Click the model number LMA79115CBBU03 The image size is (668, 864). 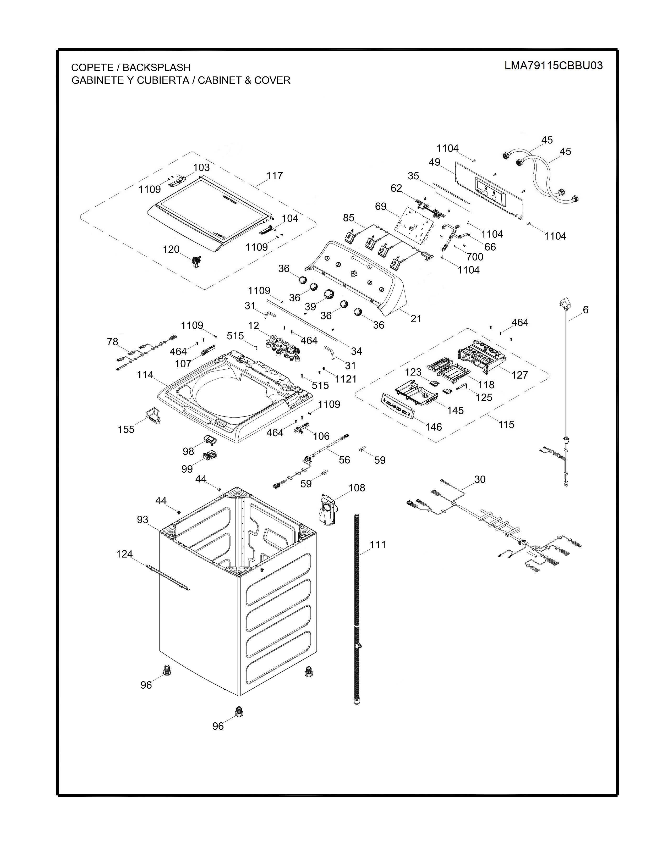click(x=553, y=66)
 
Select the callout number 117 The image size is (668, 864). click(x=275, y=176)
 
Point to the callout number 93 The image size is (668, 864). click(x=143, y=520)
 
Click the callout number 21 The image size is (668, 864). click(x=416, y=319)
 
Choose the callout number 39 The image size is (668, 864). click(x=311, y=307)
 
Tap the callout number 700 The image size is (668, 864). click(x=474, y=257)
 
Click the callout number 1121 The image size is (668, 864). click(x=346, y=379)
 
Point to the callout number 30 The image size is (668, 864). click(x=480, y=479)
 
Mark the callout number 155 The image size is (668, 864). click(x=126, y=429)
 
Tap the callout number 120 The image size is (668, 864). click(x=171, y=250)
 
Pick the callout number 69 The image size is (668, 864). click(x=381, y=207)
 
